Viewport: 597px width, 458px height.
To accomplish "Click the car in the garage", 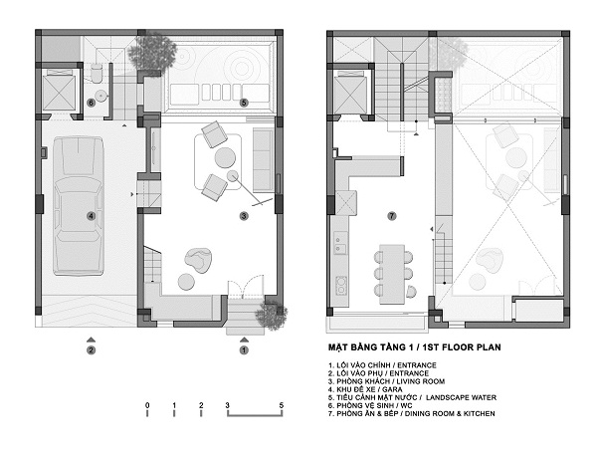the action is click(79, 206).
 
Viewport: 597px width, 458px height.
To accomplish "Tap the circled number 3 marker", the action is click(244, 216).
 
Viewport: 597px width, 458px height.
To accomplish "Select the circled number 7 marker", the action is click(392, 216).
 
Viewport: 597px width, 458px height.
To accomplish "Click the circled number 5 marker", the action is click(244, 103).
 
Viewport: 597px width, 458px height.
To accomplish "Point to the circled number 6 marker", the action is click(91, 103).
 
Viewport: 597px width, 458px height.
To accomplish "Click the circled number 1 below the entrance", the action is click(244, 349).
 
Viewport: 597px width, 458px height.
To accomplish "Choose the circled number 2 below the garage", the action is click(91, 349).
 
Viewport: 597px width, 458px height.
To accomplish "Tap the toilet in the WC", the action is click(97, 73).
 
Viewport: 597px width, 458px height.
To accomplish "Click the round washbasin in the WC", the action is click(100, 96).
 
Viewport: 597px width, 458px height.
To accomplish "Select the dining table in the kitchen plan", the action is click(392, 274).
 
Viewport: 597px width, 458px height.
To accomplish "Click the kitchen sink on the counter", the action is click(340, 243).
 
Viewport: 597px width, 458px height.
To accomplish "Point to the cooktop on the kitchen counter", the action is click(340, 286).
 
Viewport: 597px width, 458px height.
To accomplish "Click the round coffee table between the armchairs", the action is click(225, 157).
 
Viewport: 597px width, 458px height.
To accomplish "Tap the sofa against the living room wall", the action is click(263, 160).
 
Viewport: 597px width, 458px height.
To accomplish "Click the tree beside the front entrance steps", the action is click(272, 316).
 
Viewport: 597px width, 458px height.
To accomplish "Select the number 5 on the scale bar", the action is click(282, 405).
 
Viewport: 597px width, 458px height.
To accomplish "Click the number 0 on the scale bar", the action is click(147, 405).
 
